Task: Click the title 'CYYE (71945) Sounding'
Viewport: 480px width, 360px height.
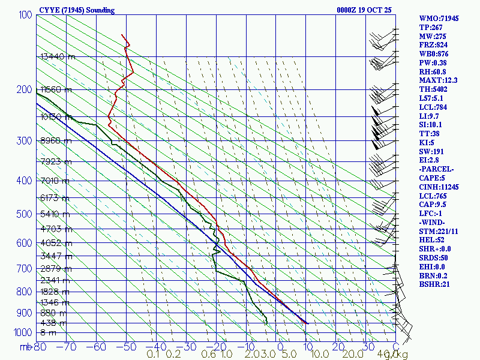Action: click(76, 10)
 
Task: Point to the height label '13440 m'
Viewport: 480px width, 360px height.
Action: click(58, 56)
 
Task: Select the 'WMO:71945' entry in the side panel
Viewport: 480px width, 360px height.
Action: click(439, 19)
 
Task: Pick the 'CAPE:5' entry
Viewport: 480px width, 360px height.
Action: click(431, 178)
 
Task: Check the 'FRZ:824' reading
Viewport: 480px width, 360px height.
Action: click(433, 45)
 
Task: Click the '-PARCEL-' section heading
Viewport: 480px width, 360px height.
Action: click(436, 170)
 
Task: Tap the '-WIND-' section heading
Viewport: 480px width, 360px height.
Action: click(433, 223)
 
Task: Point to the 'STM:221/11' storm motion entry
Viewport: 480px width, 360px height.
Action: click(439, 231)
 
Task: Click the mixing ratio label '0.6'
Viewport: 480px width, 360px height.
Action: click(209, 355)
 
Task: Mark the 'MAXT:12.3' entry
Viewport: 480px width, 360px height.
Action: click(438, 80)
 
